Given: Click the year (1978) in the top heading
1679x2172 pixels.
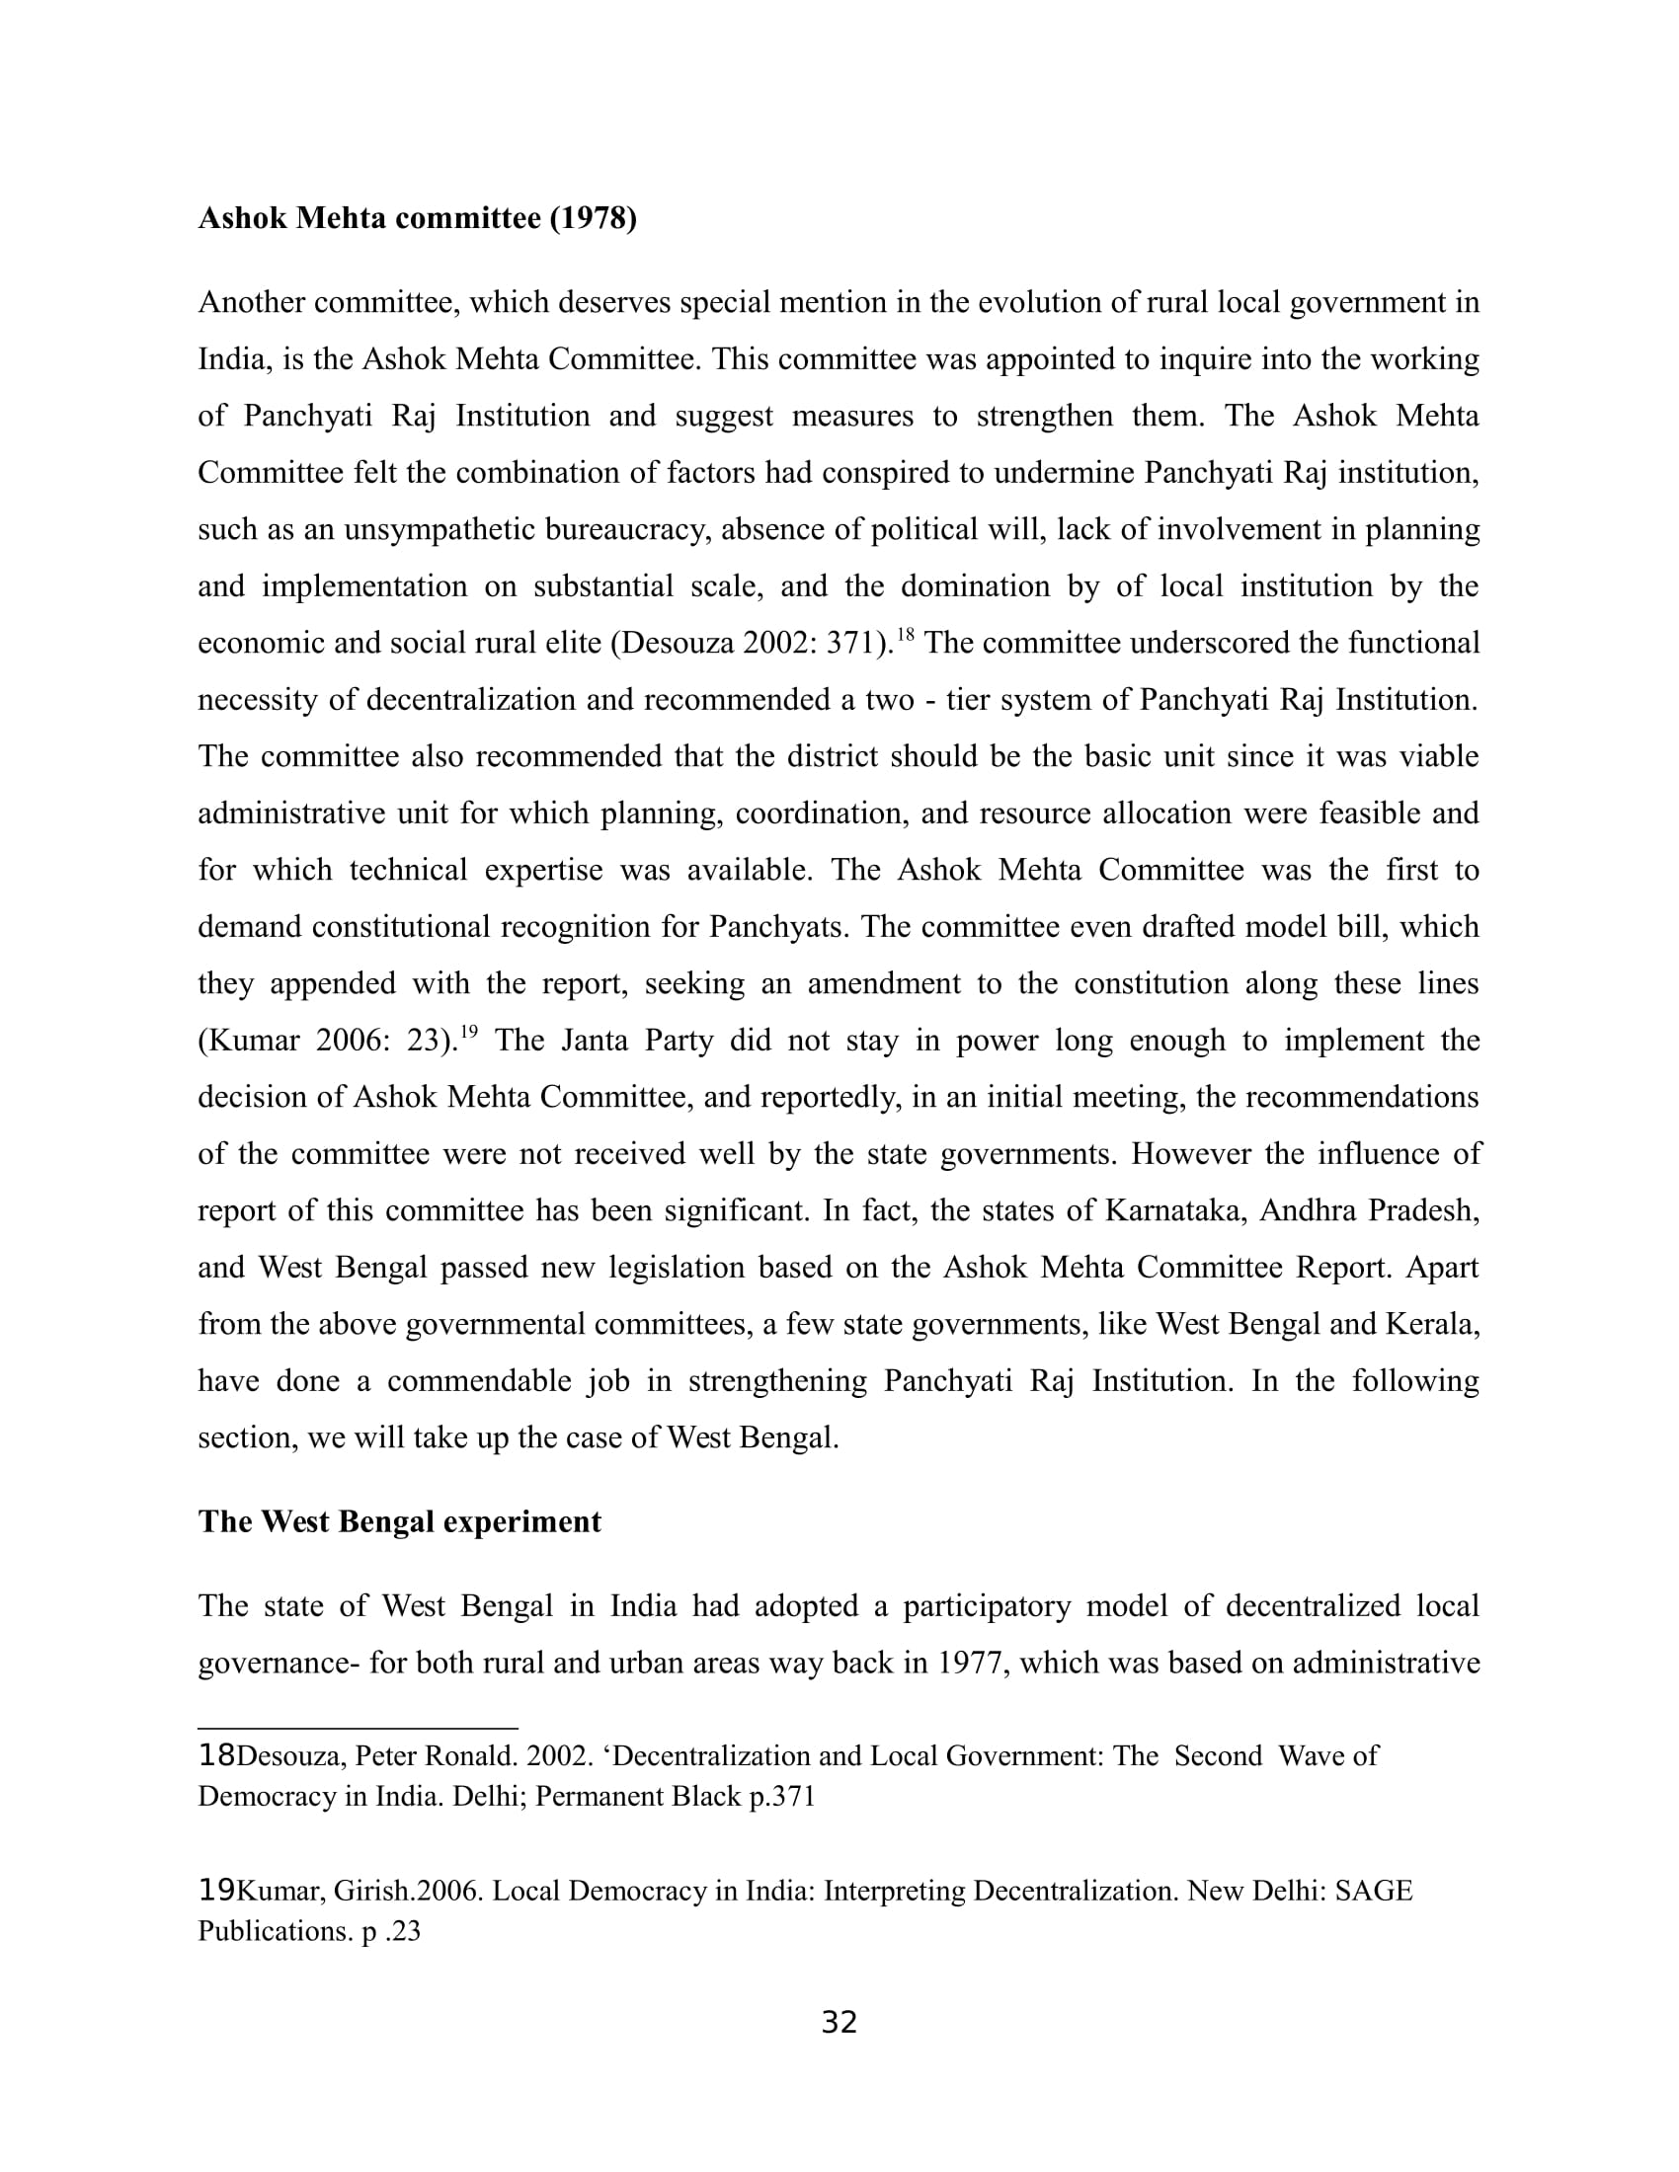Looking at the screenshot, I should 593,218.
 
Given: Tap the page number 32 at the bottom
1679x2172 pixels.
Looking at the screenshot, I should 839,2022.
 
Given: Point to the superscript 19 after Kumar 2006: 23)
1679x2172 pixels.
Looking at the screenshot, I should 468,1032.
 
